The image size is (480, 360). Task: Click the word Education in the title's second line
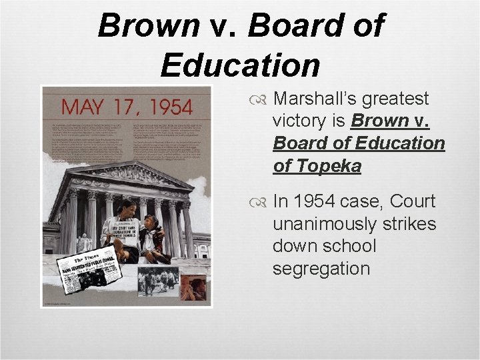pyautogui.click(x=240, y=65)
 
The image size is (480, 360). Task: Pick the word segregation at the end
pyautogui.click(x=321, y=269)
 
